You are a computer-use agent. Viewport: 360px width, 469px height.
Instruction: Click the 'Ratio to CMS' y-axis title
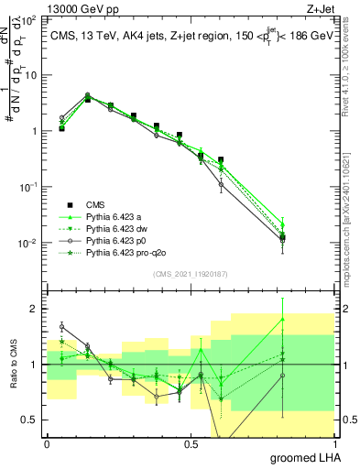[x=12, y=365]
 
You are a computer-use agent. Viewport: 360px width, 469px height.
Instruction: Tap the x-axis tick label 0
[x=47, y=442]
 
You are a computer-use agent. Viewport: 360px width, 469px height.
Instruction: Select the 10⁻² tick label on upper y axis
[x=29, y=243]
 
